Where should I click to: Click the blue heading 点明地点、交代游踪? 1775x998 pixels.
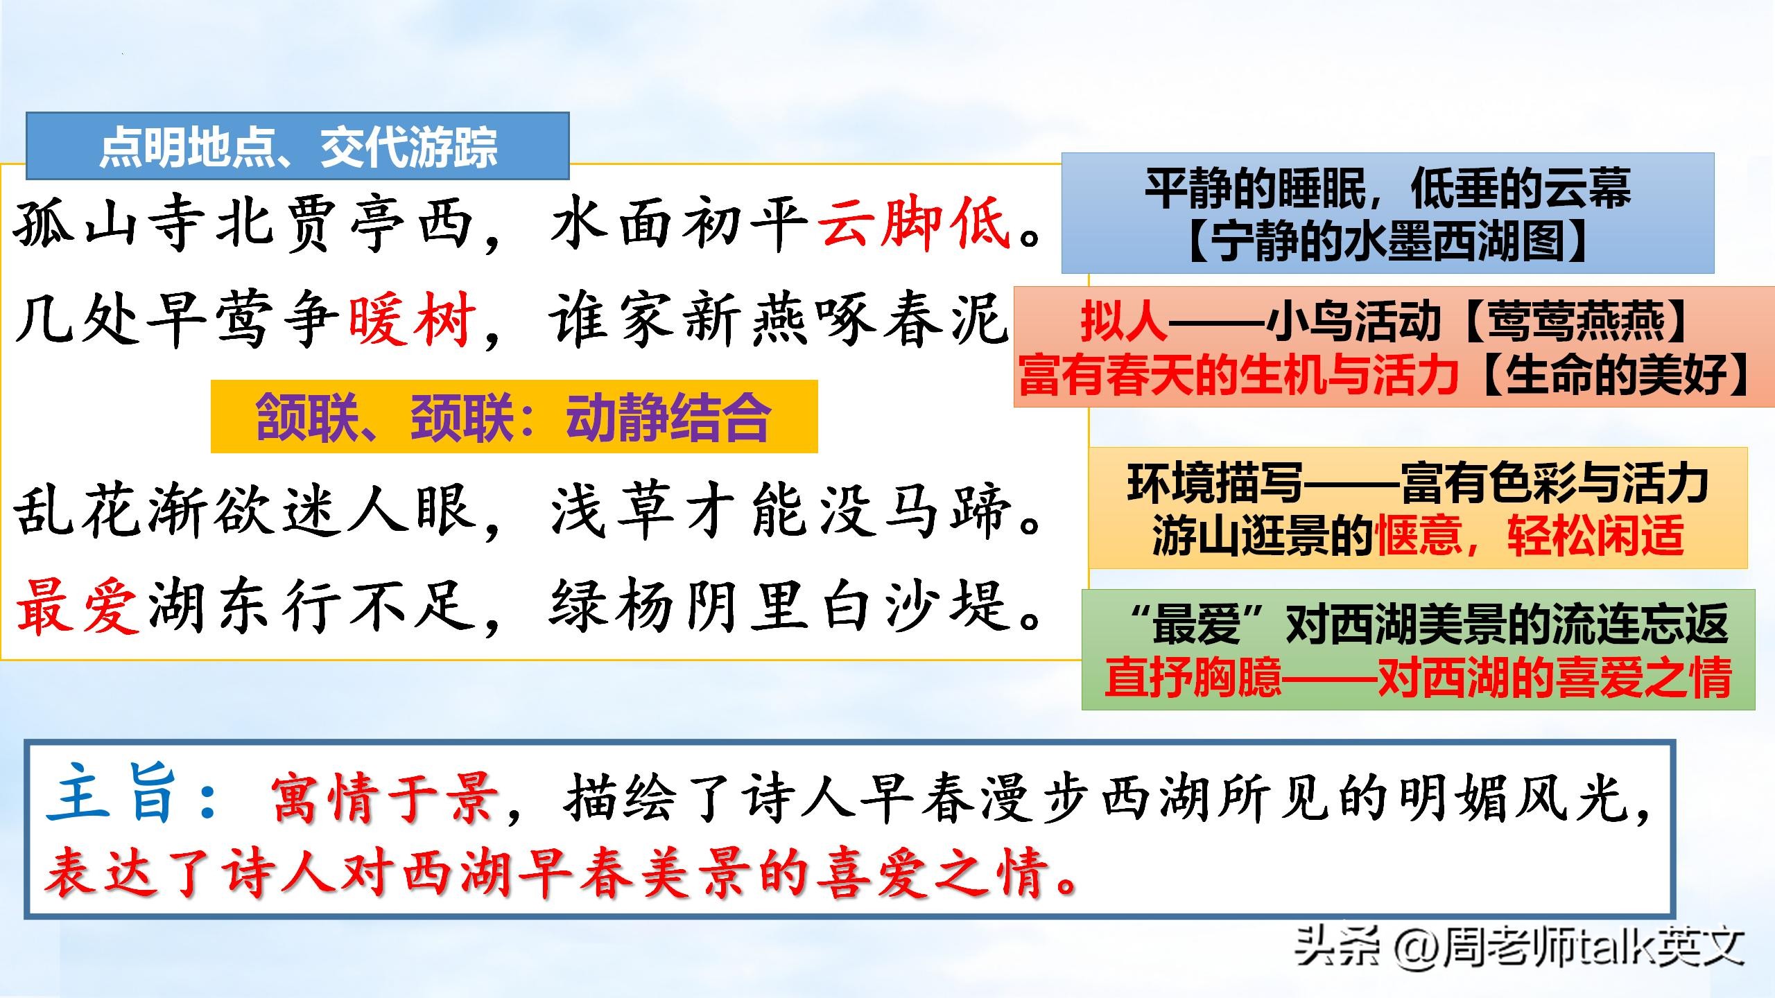pos(298,147)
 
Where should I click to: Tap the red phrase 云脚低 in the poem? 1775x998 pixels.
pos(915,223)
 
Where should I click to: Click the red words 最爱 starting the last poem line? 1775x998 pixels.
pos(78,607)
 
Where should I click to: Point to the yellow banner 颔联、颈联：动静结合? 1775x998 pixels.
pos(514,417)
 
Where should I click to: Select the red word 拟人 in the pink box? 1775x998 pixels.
pos(1123,323)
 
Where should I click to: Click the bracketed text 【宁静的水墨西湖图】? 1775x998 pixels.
pos(1387,243)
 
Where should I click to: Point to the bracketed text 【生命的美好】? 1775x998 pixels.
pos(1616,376)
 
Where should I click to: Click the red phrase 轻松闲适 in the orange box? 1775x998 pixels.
pos(1595,536)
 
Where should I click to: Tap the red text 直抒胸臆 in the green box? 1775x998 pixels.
pos(1193,676)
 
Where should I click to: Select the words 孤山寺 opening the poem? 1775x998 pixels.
pos(111,225)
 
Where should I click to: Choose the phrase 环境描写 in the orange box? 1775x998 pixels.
pos(1213,483)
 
